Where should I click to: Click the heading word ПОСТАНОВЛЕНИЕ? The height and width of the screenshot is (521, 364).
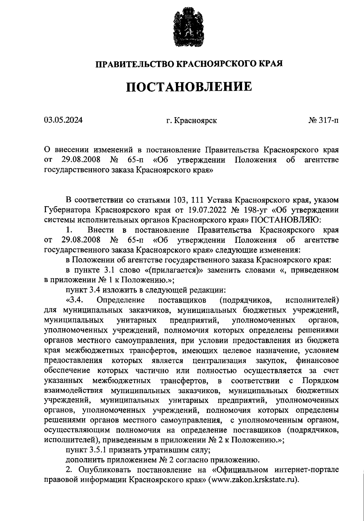point(189,87)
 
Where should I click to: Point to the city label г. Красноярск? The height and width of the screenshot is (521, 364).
point(191,121)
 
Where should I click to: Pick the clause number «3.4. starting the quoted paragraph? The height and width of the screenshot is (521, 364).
point(75,300)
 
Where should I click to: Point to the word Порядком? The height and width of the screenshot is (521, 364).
point(320,381)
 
